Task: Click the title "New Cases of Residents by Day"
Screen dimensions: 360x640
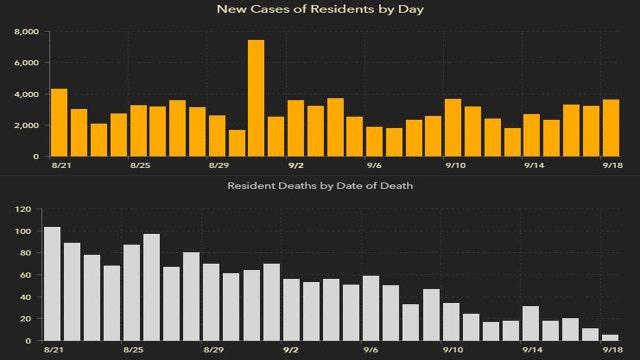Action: point(319,10)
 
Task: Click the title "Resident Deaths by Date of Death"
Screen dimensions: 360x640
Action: point(319,186)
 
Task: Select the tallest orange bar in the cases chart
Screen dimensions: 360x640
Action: point(256,98)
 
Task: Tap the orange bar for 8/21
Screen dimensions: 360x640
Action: point(59,123)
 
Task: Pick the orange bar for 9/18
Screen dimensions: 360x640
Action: point(610,128)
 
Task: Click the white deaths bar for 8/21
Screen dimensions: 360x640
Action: point(52,284)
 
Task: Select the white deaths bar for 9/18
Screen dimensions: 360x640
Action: point(610,338)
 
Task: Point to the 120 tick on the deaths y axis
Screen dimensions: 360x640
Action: point(22,210)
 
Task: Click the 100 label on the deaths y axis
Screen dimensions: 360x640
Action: point(22,232)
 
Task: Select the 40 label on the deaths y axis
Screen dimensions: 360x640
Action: point(25,298)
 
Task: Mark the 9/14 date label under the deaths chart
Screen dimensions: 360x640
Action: point(531,351)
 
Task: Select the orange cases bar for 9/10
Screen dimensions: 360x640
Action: point(452,128)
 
